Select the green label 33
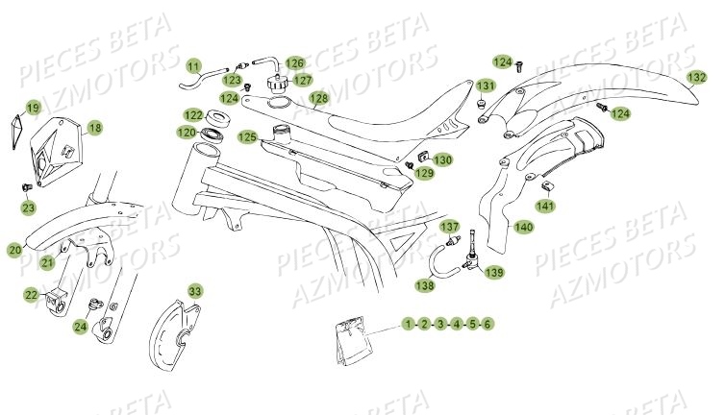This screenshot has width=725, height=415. [x=195, y=290]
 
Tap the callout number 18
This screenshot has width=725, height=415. [x=94, y=127]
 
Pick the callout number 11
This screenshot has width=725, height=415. [x=193, y=66]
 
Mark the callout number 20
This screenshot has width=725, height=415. [x=14, y=250]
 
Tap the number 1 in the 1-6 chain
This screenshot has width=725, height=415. [x=409, y=325]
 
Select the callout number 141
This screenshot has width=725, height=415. [x=545, y=205]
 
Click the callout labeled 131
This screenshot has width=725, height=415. [x=487, y=85]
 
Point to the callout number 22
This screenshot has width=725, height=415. [x=31, y=295]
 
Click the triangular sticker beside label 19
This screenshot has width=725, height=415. [x=18, y=124]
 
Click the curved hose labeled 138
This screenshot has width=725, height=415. [x=441, y=257]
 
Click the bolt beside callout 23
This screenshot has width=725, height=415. [x=28, y=186]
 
